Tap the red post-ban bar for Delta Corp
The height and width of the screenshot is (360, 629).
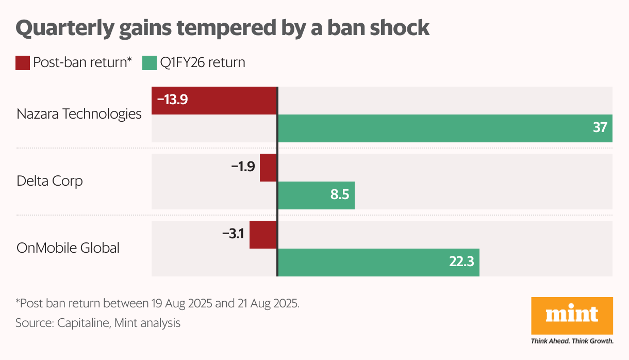(x=268, y=168)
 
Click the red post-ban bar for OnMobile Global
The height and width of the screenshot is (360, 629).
(x=263, y=235)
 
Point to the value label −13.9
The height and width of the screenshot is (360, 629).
(x=172, y=100)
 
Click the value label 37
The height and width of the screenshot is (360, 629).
(x=600, y=128)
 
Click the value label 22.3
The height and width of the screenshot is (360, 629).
(x=461, y=263)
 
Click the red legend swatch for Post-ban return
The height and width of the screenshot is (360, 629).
(x=23, y=63)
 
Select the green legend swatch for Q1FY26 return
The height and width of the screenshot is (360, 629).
(x=149, y=63)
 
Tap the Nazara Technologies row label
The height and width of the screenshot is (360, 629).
(x=79, y=114)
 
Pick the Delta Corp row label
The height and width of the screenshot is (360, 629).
(x=49, y=181)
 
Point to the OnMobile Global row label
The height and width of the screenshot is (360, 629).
(x=68, y=248)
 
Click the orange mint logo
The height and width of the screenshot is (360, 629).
(x=572, y=315)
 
